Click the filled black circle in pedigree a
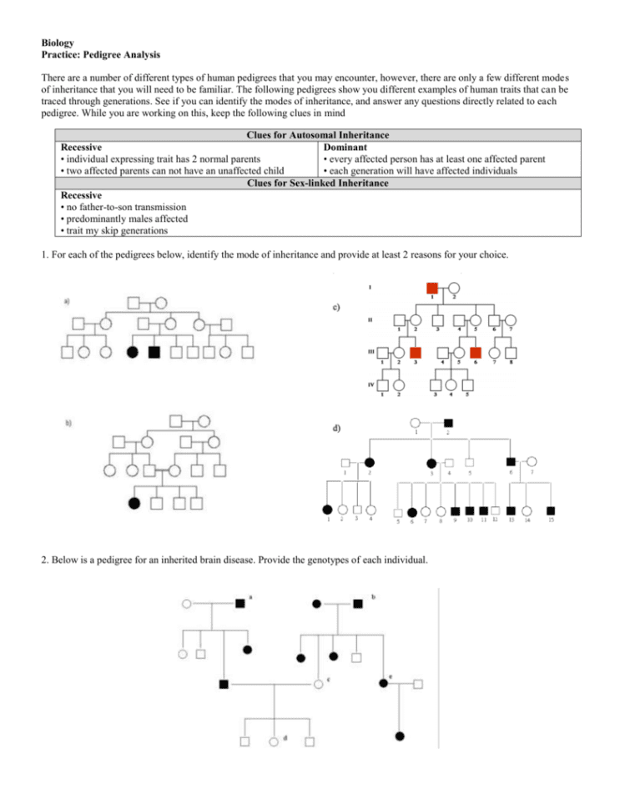coord(132,352)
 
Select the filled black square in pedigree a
coord(154,352)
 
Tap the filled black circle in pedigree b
coord(133,503)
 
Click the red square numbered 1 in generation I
coord(431,289)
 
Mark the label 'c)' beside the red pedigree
coord(335,307)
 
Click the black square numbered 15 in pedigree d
coord(552,510)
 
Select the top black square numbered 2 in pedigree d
coord(448,423)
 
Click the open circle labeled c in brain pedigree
coord(318,684)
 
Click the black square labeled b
coord(358,602)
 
